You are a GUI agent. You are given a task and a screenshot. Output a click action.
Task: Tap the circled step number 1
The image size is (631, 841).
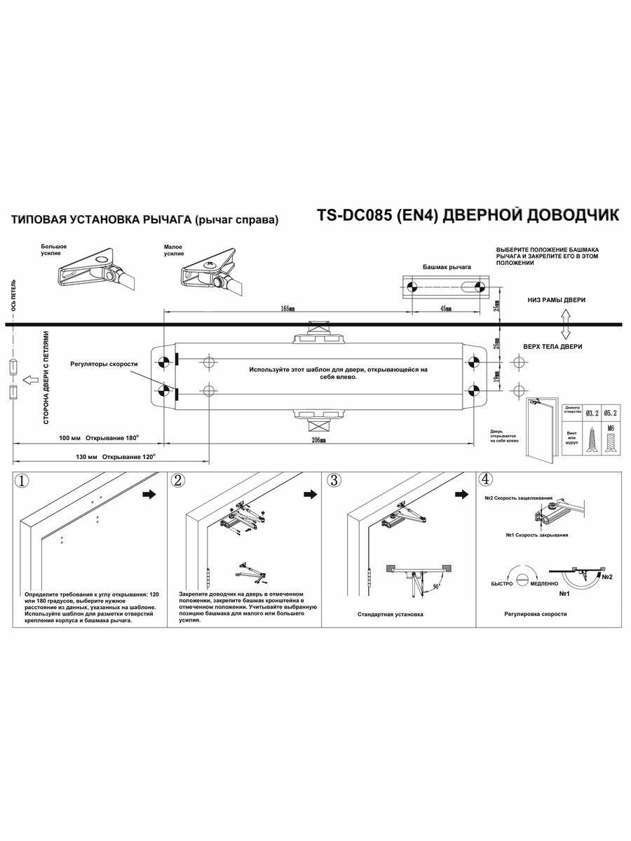point(23,481)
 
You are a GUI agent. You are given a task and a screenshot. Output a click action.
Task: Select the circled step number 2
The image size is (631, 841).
point(178,480)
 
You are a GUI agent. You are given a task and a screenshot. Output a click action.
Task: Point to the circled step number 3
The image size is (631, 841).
point(334,480)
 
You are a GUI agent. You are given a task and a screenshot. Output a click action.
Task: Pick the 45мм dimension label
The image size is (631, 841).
point(445,308)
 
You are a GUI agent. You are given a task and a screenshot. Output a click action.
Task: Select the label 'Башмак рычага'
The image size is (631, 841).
point(447,268)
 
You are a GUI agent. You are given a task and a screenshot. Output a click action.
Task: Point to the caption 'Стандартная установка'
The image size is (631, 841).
point(391,614)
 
